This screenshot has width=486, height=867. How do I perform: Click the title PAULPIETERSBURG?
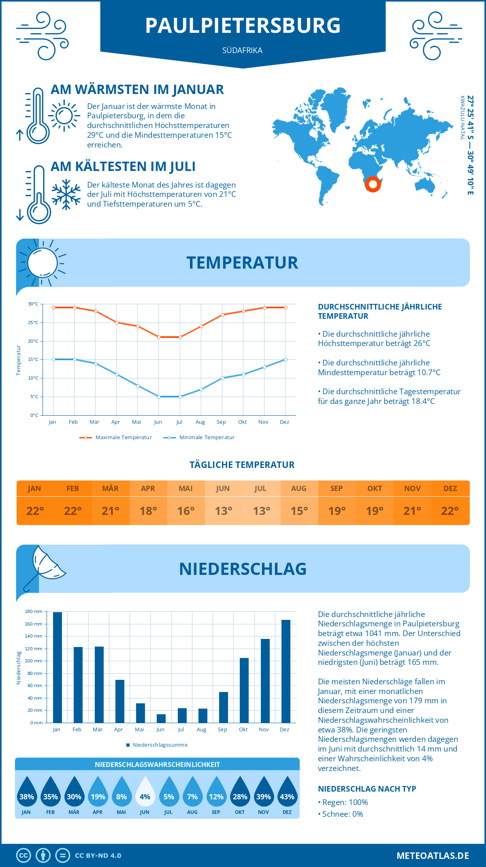[x=243, y=25]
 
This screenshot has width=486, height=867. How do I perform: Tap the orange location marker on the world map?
[x=373, y=184]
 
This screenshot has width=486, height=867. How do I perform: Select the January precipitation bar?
[x=58, y=667]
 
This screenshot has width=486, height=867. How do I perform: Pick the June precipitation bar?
[x=161, y=718]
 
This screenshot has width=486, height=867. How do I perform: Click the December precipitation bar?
[x=286, y=671]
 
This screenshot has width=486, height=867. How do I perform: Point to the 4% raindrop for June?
[x=145, y=792]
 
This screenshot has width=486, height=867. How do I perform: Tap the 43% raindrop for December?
[x=287, y=792]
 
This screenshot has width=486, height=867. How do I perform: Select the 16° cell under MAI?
[x=186, y=511]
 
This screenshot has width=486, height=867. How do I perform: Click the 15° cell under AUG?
[x=299, y=511]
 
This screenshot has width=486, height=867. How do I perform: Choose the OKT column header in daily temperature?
[x=375, y=489]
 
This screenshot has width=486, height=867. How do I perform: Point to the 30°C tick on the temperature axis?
[x=33, y=304]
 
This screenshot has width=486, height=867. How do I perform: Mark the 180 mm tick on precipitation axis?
[x=34, y=611]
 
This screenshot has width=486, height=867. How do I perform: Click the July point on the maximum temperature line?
[x=180, y=337]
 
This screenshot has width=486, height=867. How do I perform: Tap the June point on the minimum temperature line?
[x=159, y=397]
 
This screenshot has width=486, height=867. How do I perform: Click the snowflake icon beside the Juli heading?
[x=66, y=194]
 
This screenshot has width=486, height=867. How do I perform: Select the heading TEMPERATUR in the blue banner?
[x=242, y=263]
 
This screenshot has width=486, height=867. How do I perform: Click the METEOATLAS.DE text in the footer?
[x=433, y=856]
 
